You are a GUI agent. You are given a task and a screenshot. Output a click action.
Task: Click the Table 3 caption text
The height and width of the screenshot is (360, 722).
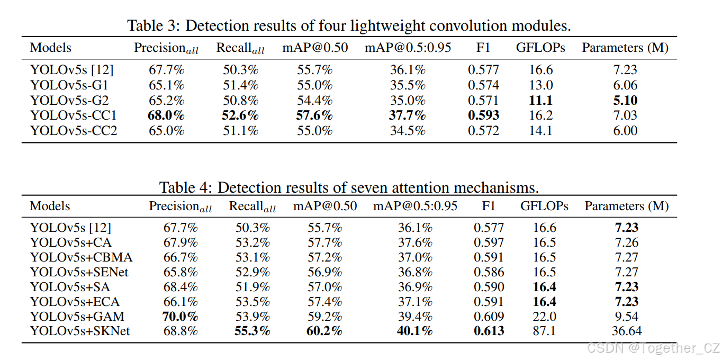(349, 25)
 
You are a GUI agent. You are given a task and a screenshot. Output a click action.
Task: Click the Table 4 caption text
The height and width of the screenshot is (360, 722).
(349, 187)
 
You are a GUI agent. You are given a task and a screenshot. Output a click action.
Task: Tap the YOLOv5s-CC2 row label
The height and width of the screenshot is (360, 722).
(74, 131)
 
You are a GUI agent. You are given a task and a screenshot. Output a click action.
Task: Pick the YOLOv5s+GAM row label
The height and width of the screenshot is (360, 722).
(77, 317)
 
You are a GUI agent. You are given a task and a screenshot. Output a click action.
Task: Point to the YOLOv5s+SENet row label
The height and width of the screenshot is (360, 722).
(79, 272)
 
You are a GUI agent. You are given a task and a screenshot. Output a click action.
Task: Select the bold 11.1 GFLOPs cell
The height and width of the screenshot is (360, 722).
(540, 101)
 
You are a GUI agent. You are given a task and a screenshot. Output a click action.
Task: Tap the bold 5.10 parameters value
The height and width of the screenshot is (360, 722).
(625, 101)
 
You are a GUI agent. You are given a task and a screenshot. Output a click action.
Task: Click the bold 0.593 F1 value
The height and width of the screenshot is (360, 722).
(483, 115)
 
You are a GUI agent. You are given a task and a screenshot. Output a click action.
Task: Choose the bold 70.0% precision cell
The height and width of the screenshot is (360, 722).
(180, 317)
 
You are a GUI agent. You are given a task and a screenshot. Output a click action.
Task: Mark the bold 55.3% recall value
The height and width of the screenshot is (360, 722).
(252, 331)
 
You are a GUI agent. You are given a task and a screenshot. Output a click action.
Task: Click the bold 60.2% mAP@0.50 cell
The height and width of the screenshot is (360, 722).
(324, 331)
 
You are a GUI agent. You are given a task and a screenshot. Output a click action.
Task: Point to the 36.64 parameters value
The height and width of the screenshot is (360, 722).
(627, 331)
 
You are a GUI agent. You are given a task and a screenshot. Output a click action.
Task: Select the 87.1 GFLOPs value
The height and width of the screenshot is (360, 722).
(545, 331)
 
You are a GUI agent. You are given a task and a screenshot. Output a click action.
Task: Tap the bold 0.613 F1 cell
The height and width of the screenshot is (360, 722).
(489, 331)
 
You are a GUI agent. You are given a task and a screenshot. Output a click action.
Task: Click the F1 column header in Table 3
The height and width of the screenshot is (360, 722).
(483, 48)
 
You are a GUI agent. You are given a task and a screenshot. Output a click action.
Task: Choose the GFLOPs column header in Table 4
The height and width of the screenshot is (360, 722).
(544, 206)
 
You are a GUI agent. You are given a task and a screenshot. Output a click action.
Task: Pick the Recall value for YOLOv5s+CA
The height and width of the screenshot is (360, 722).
(252, 242)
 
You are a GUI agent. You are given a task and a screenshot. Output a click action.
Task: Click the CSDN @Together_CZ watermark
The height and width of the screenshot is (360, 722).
(654, 348)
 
